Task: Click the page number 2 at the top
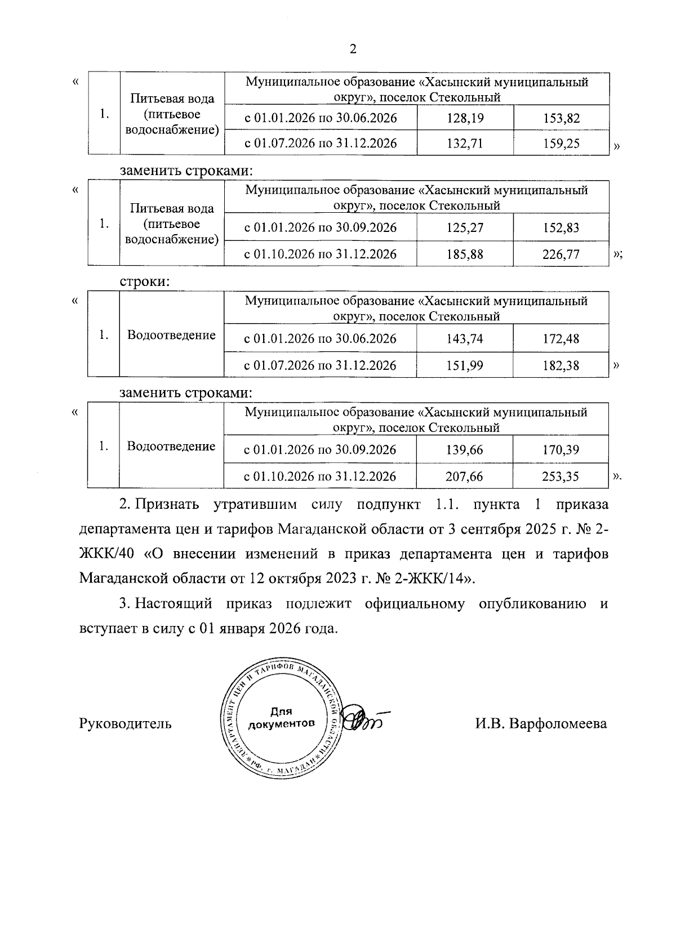pyautogui.click(x=353, y=49)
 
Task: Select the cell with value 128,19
pyautogui.click(x=465, y=118)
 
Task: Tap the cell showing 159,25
pyautogui.click(x=561, y=143)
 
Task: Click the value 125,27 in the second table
pyautogui.click(x=465, y=228)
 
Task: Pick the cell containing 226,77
pyautogui.click(x=561, y=254)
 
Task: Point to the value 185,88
pyautogui.click(x=465, y=254)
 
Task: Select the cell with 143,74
pyautogui.click(x=465, y=339)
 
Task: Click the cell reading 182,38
pyautogui.click(x=561, y=365)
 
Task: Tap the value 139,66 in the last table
pyautogui.click(x=465, y=450)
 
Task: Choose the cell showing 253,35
pyautogui.click(x=561, y=476)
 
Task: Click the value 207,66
pyautogui.click(x=465, y=476)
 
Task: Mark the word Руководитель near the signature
pyautogui.click(x=126, y=723)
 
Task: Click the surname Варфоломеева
pyautogui.click(x=558, y=723)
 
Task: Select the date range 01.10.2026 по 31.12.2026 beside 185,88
pyautogui.click(x=320, y=254)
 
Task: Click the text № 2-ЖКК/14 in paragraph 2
pyautogui.click(x=432, y=578)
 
